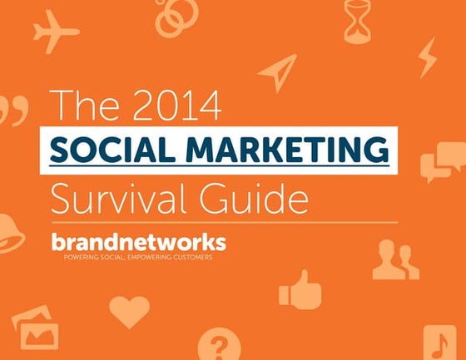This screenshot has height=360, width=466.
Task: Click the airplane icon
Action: (56, 32)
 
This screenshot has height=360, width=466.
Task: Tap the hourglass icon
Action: (357, 20)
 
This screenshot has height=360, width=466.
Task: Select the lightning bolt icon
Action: (427, 57)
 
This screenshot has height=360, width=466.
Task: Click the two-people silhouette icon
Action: (395, 260)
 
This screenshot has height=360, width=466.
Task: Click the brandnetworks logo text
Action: (137, 242)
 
